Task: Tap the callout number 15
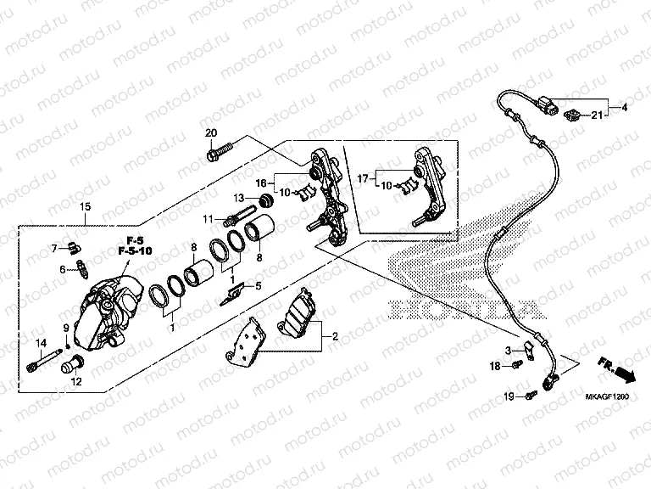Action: pos(85,207)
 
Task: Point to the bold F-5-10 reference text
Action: pos(136,251)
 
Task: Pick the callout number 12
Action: pos(76,382)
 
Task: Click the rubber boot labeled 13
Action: pos(266,201)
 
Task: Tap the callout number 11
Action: pos(207,221)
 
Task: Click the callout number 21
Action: pos(597,115)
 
